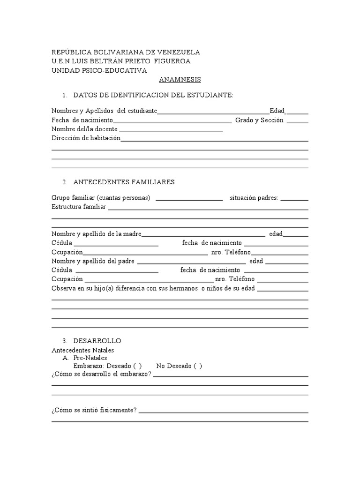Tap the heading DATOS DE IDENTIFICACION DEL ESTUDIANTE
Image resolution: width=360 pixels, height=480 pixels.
tap(153, 96)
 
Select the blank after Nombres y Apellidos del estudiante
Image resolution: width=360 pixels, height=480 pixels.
tap(213, 112)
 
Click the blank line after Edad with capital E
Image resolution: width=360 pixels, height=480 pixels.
tap(297, 112)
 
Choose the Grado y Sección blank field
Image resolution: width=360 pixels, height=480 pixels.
tap(297, 121)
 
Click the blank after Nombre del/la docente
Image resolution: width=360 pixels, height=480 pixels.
tap(171, 130)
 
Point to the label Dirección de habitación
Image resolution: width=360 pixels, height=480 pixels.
tap(86, 138)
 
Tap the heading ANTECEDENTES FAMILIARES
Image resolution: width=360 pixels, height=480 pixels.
tap(124, 182)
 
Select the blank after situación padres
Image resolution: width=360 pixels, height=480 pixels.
tap(294, 198)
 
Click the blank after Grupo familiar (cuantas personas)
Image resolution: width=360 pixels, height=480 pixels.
tap(188, 198)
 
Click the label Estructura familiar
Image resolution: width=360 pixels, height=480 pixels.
tap(79, 207)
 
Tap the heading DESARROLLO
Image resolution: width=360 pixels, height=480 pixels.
tap(97, 341)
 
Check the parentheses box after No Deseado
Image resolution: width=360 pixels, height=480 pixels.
tap(198, 366)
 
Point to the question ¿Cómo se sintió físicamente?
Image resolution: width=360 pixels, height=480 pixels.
tap(94, 410)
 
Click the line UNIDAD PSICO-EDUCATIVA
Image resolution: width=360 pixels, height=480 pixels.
tap(99, 70)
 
